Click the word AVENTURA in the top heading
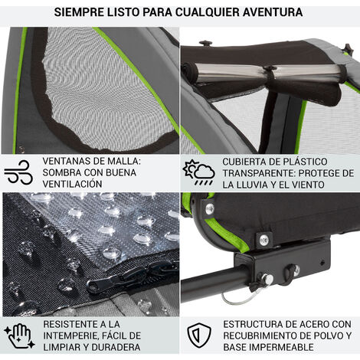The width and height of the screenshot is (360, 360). click(x=273, y=12)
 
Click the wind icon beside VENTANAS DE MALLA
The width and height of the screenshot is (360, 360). click(x=18, y=172)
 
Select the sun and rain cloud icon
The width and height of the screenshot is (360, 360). click(x=198, y=172)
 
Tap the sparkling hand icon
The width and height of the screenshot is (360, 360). click(x=19, y=335)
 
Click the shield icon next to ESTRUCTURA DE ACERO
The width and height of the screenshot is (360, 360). click(x=199, y=335)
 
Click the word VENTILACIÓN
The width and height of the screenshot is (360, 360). click(x=73, y=184)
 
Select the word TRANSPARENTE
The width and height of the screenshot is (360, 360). click(x=259, y=173)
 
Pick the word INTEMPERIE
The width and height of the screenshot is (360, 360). click(x=68, y=335)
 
